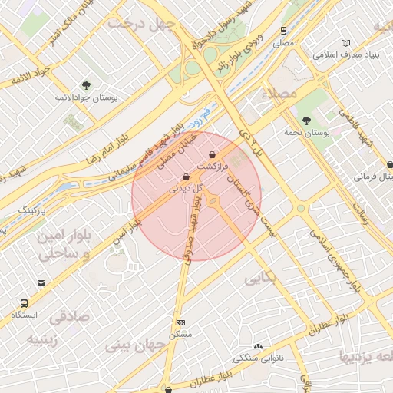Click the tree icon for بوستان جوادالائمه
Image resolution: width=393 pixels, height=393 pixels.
tap(85, 86)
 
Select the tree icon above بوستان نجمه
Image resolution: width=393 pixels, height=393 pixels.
tap(306, 120)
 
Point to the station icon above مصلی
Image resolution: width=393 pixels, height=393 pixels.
tap(284, 31)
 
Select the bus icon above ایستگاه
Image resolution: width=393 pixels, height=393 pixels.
tap(25, 304)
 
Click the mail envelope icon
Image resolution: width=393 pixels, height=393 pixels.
tap(41, 283)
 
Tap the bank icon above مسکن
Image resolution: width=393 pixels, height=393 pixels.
tap(181, 323)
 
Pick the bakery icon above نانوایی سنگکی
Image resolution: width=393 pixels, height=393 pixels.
tap(258, 347)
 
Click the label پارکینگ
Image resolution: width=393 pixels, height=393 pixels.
tap(32, 209)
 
